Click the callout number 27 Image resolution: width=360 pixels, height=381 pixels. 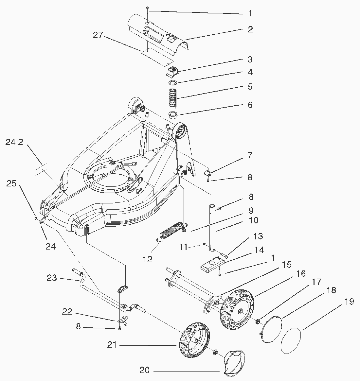click(x=98, y=35)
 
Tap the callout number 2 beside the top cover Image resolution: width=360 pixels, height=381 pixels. click(x=250, y=29)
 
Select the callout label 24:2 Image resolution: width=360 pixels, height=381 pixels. click(x=14, y=142)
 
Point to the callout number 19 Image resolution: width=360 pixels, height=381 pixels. click(x=349, y=301)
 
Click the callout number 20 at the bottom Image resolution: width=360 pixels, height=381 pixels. click(x=144, y=371)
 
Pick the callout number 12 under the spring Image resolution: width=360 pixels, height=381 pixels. click(x=148, y=259)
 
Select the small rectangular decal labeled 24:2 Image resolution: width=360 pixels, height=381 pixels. click(x=41, y=171)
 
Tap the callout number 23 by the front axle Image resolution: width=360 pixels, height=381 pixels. click(x=52, y=278)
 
